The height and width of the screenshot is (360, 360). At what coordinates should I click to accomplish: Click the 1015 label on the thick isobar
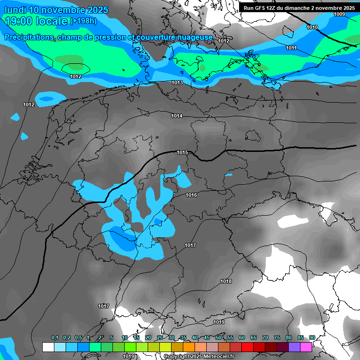[x=182, y=152]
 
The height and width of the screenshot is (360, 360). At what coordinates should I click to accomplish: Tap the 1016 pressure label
[x=191, y=195]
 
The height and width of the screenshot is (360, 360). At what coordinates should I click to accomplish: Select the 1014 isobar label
[x=177, y=116]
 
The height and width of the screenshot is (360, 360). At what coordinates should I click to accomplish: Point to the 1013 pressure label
[x=177, y=82]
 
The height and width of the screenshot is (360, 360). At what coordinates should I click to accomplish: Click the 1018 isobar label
[x=226, y=281]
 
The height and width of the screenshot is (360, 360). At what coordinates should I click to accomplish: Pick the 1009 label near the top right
[x=339, y=14]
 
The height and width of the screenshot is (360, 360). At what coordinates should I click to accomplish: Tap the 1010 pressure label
[x=312, y=27]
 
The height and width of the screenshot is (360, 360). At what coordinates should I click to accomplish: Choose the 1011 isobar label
[x=291, y=48]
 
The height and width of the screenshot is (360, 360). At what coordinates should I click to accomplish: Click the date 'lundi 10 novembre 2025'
[x=56, y=10]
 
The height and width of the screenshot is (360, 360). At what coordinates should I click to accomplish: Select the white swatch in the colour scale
[x=48, y=347]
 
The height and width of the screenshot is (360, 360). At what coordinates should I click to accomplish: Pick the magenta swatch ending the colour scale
[x=306, y=347]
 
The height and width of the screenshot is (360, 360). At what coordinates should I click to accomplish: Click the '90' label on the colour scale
[x=312, y=337]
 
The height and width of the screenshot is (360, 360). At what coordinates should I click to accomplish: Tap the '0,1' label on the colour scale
[x=54, y=337]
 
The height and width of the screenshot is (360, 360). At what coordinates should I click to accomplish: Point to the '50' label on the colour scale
[x=218, y=337]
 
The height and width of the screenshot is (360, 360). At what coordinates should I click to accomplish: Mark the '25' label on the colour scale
[x=160, y=337]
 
